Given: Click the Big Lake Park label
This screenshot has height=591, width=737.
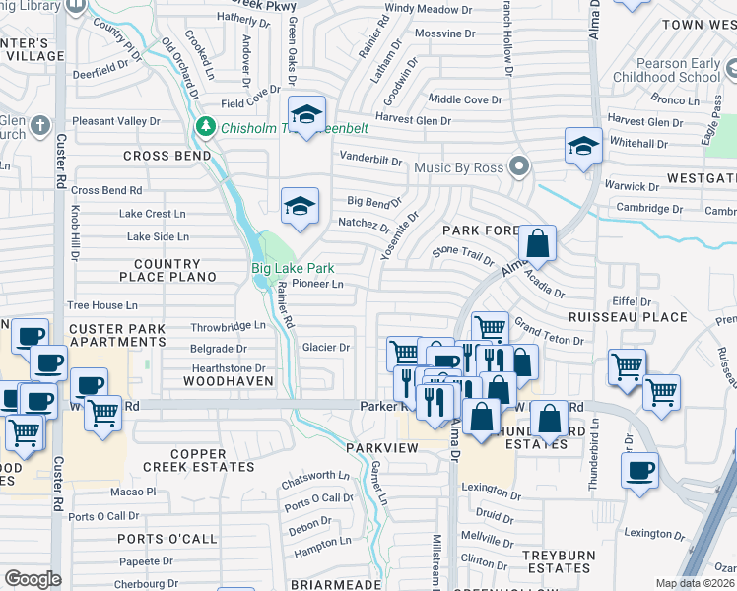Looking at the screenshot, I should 293,268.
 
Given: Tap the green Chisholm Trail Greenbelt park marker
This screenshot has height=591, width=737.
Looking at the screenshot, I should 206,125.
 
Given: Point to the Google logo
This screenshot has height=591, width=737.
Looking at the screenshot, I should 33,578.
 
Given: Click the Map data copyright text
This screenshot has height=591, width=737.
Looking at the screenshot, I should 696,583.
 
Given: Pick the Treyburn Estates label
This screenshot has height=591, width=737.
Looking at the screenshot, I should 557,561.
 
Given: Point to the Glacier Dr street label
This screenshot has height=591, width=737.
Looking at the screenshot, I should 326,347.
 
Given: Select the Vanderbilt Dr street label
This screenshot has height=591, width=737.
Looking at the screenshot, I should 370,160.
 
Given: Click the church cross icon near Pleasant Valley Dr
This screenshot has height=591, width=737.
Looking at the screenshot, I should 38,125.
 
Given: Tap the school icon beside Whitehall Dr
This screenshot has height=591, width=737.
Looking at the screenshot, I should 583,147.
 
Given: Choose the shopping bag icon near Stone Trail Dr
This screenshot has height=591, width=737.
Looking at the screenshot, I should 538,242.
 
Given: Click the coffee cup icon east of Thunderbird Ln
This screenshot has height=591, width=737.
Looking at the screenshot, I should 640,470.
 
